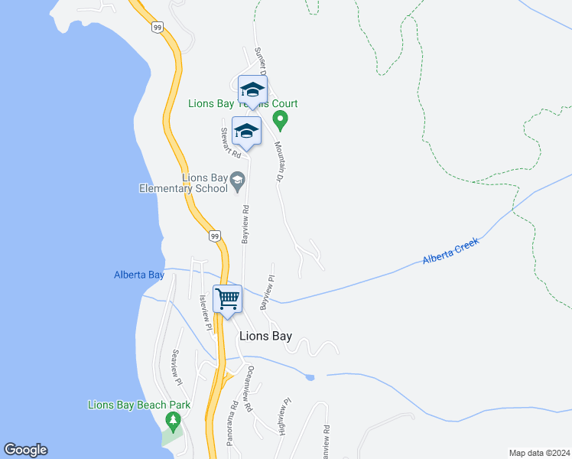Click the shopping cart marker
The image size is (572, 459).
pos(228,298)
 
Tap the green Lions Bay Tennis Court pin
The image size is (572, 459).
pos(281,120)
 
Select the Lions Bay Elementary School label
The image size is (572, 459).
pos(184,183)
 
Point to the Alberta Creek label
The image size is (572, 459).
pos(450,252)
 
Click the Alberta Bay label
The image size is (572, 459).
pos(138,275)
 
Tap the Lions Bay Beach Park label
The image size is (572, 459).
pos(138,405)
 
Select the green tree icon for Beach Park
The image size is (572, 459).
pos(174,420)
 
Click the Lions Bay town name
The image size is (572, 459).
pos(265,336)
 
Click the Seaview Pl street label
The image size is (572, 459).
pos(177,367)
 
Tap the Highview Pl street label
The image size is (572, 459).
pos(286,416)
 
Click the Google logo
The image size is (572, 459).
pos(25,450)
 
